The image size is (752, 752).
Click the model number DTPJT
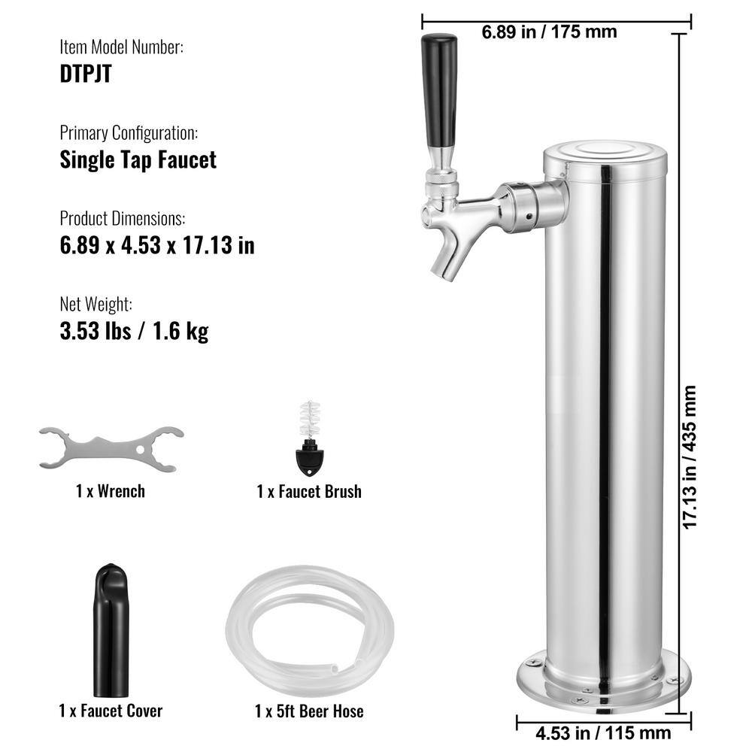86,75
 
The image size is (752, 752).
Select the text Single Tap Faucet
138,159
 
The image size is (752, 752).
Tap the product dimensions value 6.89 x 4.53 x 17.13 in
157,245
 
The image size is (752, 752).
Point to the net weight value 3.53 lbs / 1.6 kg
134,331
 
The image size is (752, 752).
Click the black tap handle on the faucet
439,90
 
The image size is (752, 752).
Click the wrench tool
111,448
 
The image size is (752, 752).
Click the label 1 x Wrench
111,491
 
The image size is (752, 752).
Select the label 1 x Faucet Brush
308,492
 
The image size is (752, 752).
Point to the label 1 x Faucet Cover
111,710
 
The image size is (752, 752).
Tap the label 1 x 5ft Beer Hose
308,711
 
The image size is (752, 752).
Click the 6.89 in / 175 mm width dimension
549,32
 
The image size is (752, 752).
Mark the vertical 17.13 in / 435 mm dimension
690,457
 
